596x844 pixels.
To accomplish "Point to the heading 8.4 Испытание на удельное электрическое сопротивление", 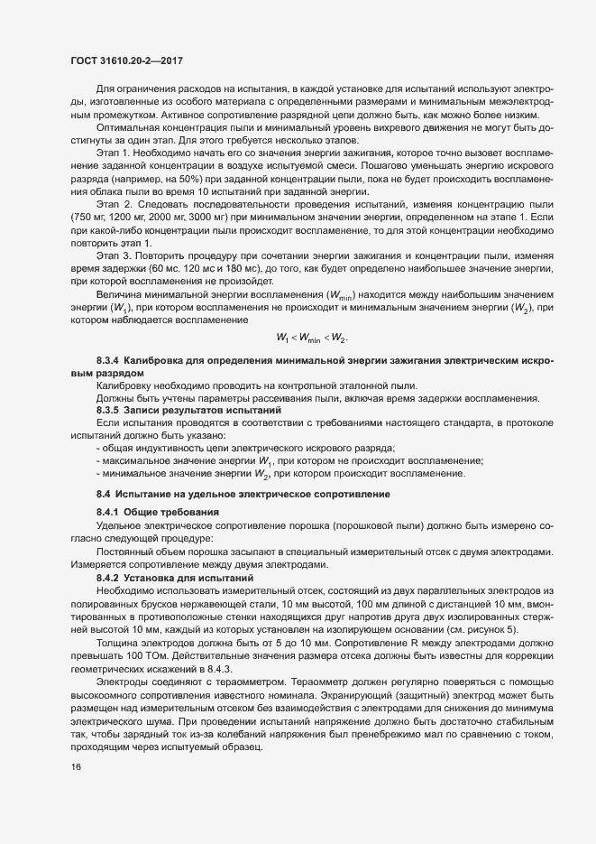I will pos(243,496).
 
